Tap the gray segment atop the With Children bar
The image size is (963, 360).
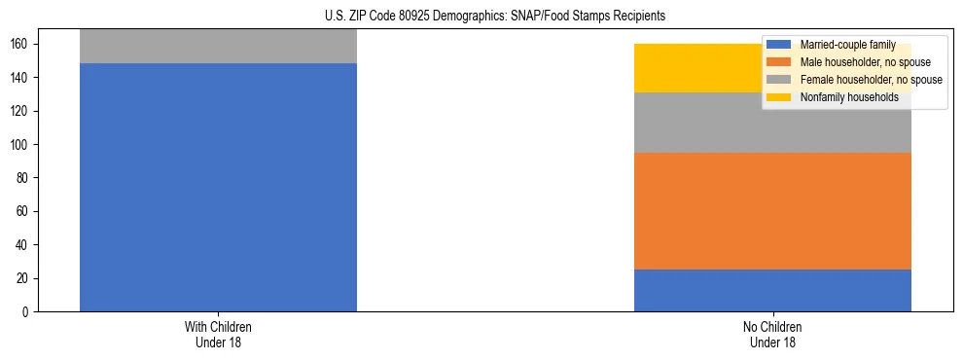coord(218,46)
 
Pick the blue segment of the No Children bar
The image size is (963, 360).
coord(772,290)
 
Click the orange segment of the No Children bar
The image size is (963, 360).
coord(772,211)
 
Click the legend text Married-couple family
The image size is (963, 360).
coord(847,45)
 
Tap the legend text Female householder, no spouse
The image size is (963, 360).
coord(871,80)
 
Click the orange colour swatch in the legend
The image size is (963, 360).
coord(779,62)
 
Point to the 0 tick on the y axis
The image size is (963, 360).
coord(29,312)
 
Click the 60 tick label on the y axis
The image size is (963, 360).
coord(26,211)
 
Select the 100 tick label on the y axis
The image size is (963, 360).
coord(23,145)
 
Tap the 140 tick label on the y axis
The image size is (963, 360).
coord(23,78)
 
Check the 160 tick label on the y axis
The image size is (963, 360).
coord(23,45)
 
